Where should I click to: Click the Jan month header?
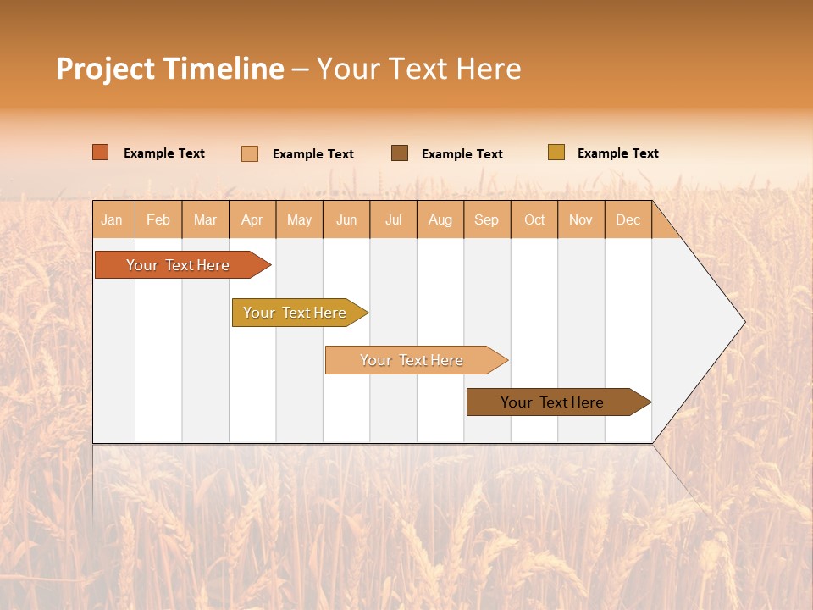tap(112, 219)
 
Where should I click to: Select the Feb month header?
tap(158, 219)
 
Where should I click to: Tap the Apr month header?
tap(252, 219)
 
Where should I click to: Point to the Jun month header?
tap(346, 219)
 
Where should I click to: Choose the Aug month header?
tap(440, 219)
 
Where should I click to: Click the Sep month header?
tap(486, 219)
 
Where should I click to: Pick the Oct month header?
tap(534, 219)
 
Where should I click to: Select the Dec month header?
tap(628, 219)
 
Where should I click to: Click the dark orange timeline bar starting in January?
tap(178, 265)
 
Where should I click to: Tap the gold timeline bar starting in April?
tap(295, 313)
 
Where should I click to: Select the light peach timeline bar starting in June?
tap(412, 360)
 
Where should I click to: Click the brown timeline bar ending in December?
tap(552, 402)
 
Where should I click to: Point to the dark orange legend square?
tap(101, 152)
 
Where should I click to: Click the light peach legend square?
tap(250, 153)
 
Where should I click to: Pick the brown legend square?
tap(400, 153)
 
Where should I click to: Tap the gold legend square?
tap(556, 152)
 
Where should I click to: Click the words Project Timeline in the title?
tap(169, 69)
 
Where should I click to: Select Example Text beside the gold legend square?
tap(617, 153)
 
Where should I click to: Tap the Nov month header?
tap(581, 219)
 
